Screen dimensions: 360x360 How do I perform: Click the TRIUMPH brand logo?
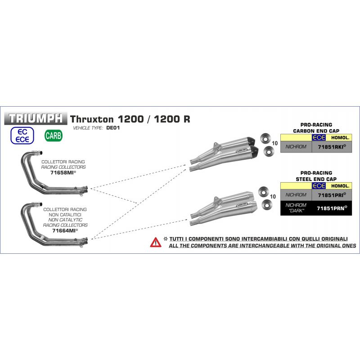[36, 118]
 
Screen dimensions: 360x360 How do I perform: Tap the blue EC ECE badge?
[22, 135]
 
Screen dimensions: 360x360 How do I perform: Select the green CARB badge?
[54, 135]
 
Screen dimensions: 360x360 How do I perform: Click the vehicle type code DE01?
[113, 128]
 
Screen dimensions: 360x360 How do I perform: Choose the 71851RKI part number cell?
[332, 147]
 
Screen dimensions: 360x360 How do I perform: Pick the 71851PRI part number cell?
[332, 195]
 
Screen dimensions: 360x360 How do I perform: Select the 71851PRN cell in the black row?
[332, 208]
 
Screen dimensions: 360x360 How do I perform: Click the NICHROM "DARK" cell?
[296, 208]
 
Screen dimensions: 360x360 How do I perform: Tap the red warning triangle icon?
[156, 242]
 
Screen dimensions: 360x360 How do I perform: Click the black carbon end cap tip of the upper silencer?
[251, 141]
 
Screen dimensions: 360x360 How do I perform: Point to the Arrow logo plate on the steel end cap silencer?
[242, 204]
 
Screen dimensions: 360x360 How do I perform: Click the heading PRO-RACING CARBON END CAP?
[316, 128]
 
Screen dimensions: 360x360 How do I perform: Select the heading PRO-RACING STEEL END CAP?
[316, 176]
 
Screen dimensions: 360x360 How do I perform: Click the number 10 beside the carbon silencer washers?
[275, 143]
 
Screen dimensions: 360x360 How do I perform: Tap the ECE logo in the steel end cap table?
[319, 185]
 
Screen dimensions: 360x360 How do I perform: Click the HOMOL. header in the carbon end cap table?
[340, 138]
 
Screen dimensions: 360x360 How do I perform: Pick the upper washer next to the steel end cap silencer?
[263, 192]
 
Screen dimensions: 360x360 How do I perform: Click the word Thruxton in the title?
[92, 119]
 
